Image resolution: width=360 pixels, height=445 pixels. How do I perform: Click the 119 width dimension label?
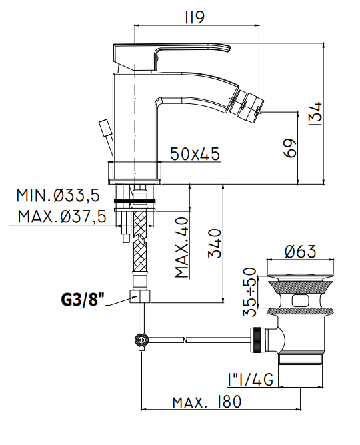(x=195, y=17)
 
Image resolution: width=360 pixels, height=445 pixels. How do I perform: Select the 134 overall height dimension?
(x=315, y=113)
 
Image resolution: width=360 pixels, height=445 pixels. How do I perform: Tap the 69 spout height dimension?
(x=290, y=148)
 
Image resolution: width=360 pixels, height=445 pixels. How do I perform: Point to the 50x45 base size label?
(x=195, y=154)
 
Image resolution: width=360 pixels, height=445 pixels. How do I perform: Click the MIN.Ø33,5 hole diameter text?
(x=58, y=195)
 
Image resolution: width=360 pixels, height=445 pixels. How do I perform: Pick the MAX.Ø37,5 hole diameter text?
(x=62, y=217)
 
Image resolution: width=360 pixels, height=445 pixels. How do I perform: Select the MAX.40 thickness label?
(x=181, y=247)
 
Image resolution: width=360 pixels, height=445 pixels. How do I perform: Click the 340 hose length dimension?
(x=215, y=244)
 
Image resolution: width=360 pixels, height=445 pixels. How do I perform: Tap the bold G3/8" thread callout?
(x=83, y=299)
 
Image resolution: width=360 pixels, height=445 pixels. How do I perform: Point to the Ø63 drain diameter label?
(x=301, y=252)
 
